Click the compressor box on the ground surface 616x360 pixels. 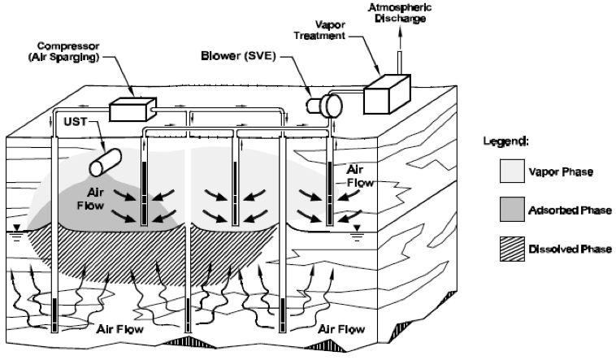(131, 108)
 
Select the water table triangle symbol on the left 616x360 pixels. (16, 229)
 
